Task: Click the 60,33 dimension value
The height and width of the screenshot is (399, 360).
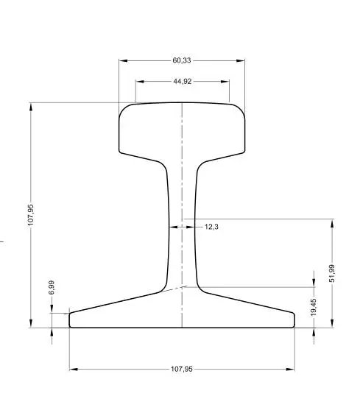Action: (182, 60)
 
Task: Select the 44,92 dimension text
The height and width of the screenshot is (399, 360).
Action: (183, 82)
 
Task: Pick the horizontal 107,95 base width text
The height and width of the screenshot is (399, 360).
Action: (181, 369)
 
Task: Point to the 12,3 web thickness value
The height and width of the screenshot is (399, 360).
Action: (211, 227)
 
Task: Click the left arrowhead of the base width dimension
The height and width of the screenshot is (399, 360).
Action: (72, 369)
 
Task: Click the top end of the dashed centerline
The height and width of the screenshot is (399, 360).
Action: (182, 102)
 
